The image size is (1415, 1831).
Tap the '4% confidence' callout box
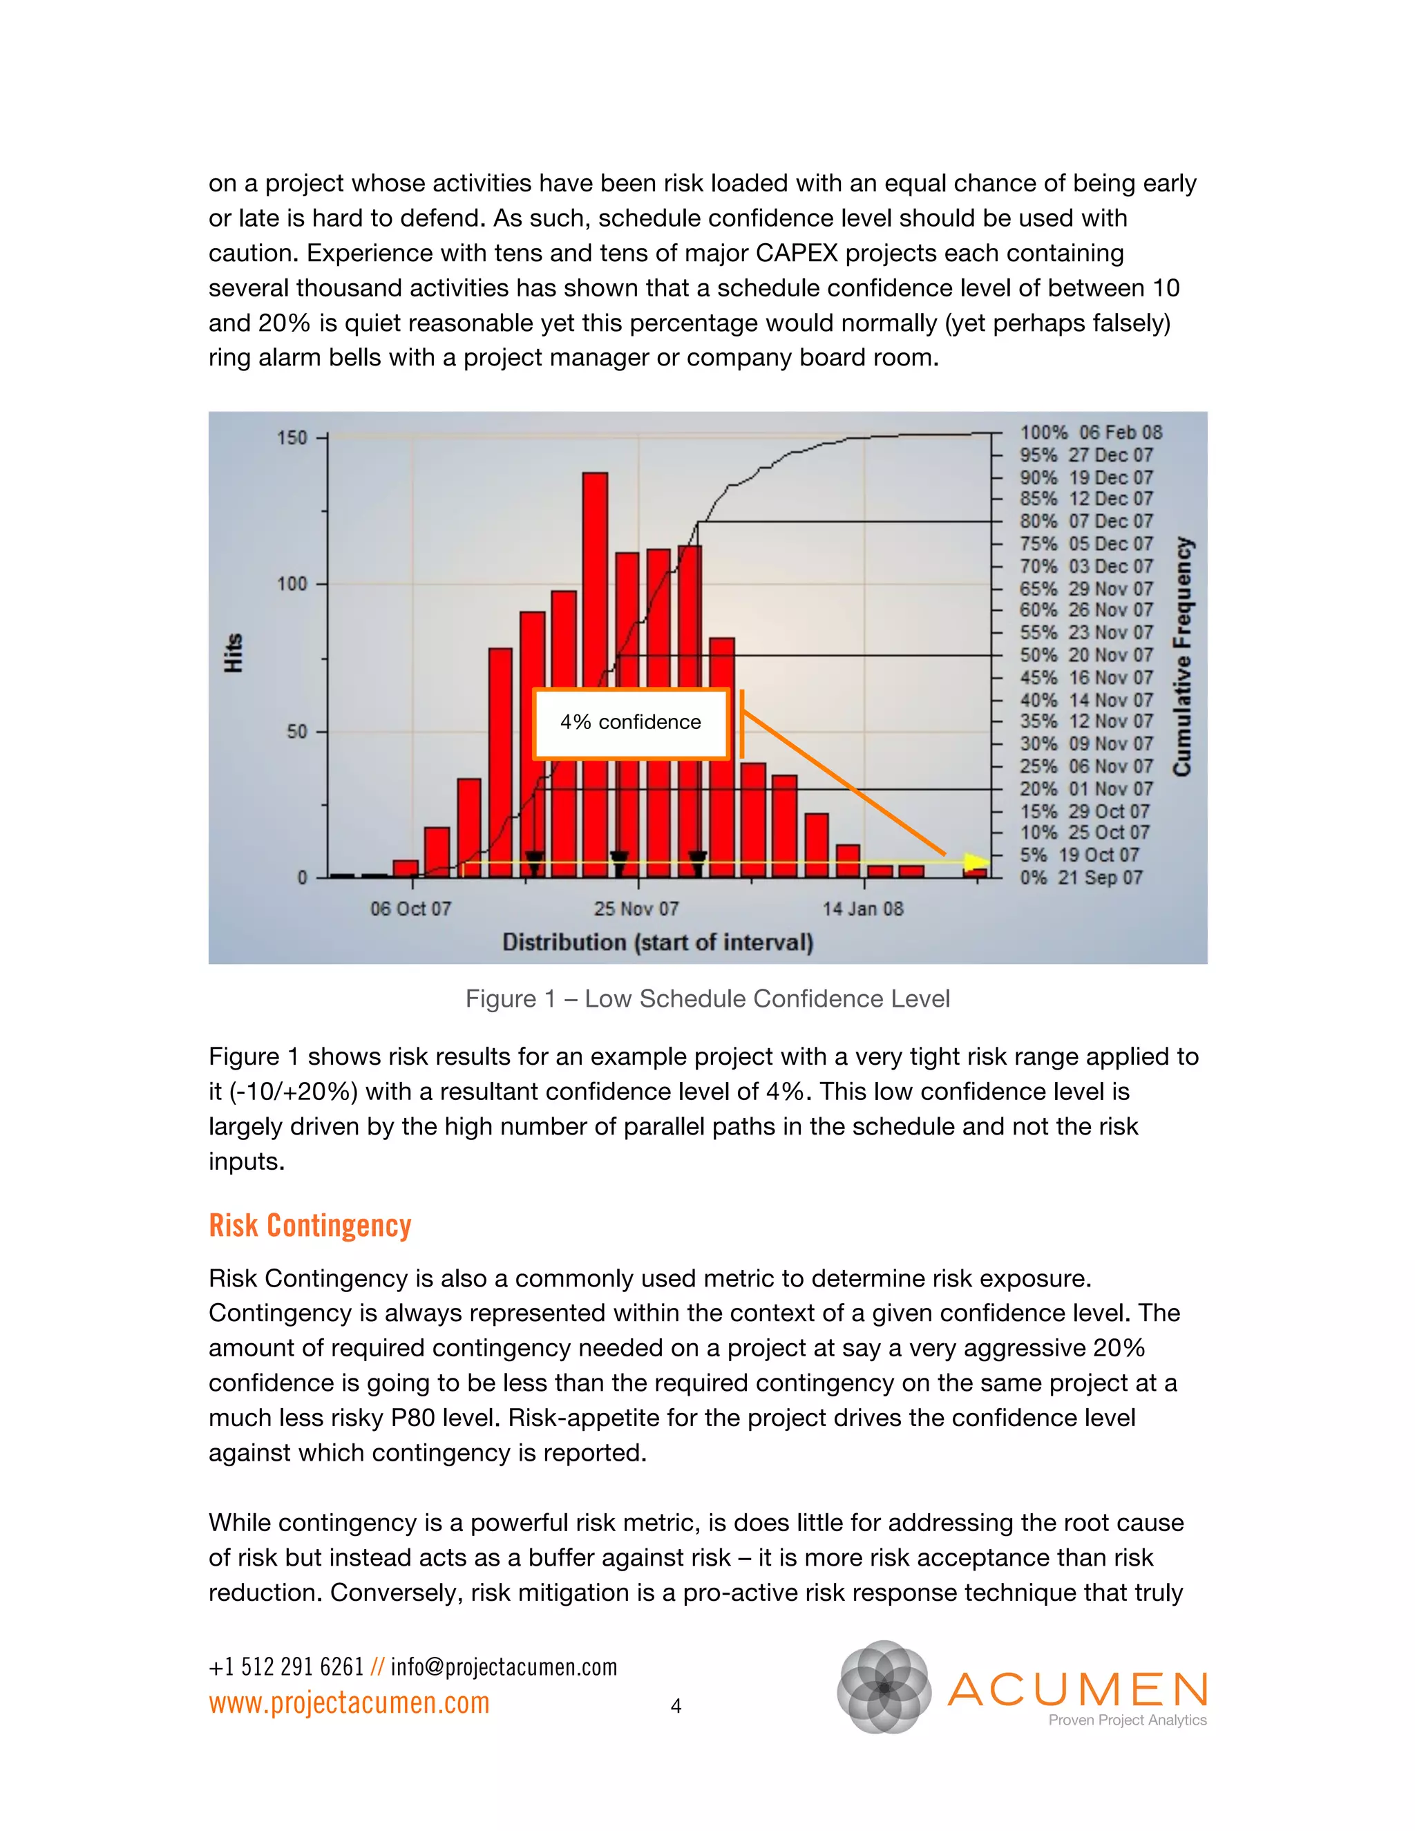click(630, 723)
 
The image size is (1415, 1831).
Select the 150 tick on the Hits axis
click(292, 437)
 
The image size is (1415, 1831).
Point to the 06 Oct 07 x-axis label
click(411, 909)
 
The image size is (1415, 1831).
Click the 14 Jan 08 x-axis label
click(862, 909)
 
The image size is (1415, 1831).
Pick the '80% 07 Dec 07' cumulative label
click(1085, 522)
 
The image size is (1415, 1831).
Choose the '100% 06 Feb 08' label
click(1090, 433)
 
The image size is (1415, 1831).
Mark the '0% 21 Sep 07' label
click(1081, 877)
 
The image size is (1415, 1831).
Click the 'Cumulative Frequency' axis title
click(1182, 656)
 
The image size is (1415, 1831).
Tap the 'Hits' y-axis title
click(233, 653)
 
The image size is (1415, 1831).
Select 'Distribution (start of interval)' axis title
click(658, 942)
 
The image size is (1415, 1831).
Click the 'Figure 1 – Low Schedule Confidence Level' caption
click(707, 998)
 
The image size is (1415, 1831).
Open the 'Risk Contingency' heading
click(310, 1226)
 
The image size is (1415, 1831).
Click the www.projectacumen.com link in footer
click(349, 1702)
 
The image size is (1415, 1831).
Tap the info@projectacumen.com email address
click(504, 1667)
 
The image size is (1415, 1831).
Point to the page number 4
click(676, 1706)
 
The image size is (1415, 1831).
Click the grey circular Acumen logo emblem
click(884, 1687)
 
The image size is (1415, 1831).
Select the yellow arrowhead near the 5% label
click(976, 862)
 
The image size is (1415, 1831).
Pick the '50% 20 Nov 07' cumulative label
click(1085, 656)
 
